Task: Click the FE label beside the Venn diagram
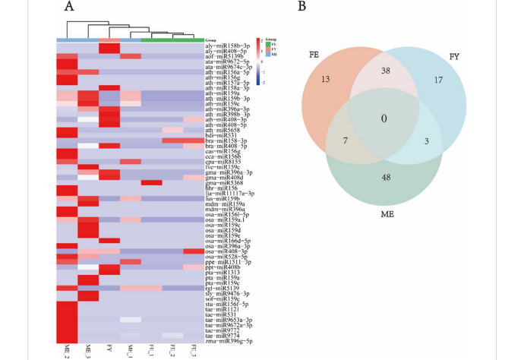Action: click(x=314, y=55)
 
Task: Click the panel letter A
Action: click(x=68, y=8)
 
